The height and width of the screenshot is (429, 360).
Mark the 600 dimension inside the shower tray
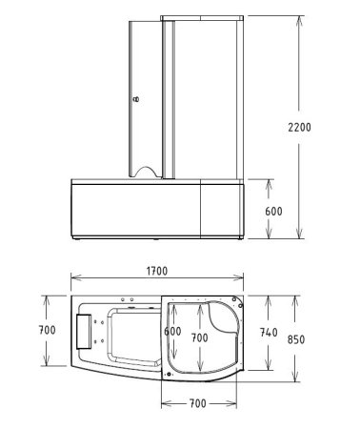point(171,331)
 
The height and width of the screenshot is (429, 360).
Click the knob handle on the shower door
point(135,97)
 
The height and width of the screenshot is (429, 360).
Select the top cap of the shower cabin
point(198,16)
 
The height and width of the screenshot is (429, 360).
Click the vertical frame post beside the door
point(167,95)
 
